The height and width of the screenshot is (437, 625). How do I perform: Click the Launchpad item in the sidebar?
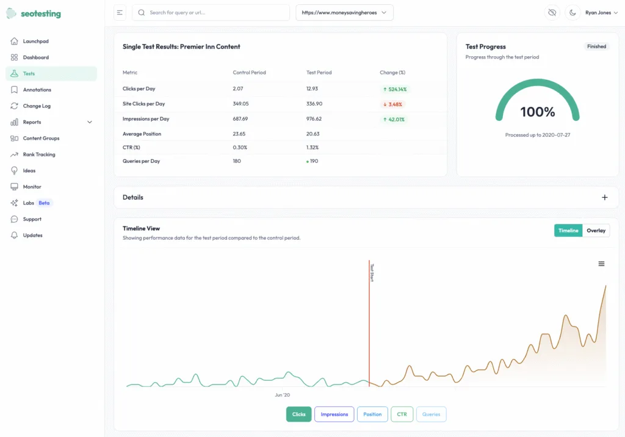(35, 42)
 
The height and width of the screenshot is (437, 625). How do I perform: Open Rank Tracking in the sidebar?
(39, 154)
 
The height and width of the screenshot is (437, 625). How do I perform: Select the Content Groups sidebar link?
(41, 139)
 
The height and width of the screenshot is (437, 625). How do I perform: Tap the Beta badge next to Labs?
(44, 203)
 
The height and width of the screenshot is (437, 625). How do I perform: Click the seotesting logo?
(34, 13)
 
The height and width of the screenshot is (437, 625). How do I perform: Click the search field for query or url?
(211, 13)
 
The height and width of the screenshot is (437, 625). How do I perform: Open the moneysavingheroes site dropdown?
(344, 13)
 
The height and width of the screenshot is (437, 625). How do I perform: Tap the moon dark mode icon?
(573, 13)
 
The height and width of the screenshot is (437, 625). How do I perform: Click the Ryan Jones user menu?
(601, 13)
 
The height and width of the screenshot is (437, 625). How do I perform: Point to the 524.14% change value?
(394, 89)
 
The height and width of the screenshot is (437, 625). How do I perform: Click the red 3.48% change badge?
(392, 104)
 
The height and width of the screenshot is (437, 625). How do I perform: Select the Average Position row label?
(142, 134)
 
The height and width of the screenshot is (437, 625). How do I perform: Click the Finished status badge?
(596, 46)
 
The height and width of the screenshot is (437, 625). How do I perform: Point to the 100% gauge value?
(537, 112)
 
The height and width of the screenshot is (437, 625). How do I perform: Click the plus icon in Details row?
(605, 197)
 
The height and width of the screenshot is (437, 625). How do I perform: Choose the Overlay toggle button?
(596, 231)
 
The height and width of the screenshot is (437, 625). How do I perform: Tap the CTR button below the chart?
(402, 414)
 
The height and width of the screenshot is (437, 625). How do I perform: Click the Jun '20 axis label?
(283, 395)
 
